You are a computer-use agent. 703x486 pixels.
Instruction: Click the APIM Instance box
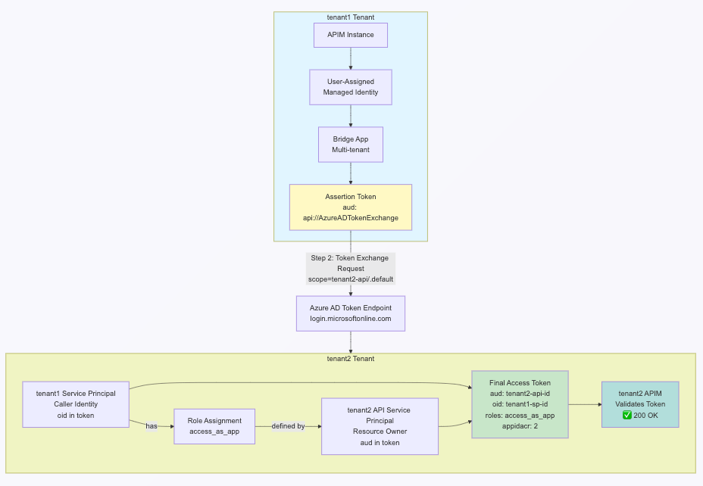pos(350,35)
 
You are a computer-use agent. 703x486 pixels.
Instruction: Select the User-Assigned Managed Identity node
pos(350,87)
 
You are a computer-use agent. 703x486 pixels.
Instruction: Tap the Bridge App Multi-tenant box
pos(350,144)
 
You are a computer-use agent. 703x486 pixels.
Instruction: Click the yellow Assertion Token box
pos(350,207)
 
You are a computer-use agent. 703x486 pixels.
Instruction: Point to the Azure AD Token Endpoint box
pos(350,313)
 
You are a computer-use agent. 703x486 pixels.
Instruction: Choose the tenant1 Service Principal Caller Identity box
pos(76,403)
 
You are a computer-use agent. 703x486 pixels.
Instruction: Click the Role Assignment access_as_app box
pos(214,426)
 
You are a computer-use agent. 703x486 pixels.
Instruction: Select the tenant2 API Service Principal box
pos(380,426)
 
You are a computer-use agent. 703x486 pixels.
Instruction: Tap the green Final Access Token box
pos(520,404)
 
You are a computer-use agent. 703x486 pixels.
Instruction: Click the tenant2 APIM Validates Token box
pos(639,404)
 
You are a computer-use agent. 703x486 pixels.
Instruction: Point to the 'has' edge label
pos(152,426)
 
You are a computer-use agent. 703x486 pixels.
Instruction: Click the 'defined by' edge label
pos(288,426)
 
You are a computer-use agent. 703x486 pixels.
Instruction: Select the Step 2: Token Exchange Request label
pos(350,269)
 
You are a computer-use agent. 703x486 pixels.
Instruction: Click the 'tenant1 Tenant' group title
pos(350,17)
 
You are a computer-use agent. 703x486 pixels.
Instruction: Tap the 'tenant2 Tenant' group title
pos(350,358)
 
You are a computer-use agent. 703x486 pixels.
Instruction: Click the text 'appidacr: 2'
pos(520,426)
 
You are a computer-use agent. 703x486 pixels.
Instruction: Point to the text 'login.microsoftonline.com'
pos(350,319)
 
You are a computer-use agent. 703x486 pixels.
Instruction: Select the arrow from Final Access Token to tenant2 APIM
pos(585,404)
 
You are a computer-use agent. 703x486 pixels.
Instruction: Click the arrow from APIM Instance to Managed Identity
pos(350,58)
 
